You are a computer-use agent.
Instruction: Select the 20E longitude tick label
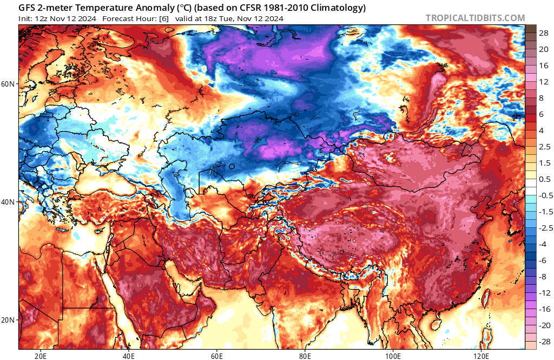click(x=40, y=356)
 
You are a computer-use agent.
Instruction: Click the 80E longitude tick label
click(x=305, y=356)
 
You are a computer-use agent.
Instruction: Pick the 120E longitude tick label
click(x=482, y=356)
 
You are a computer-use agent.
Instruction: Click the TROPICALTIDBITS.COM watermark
click(x=475, y=18)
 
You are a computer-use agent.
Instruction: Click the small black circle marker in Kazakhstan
click(x=232, y=167)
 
